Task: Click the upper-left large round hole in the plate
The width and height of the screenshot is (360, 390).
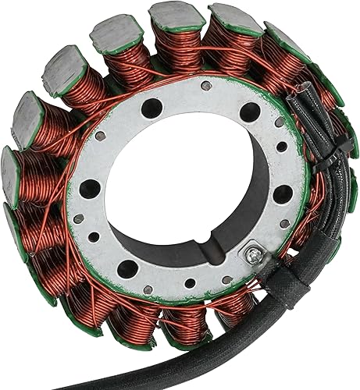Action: pos(151,108)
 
